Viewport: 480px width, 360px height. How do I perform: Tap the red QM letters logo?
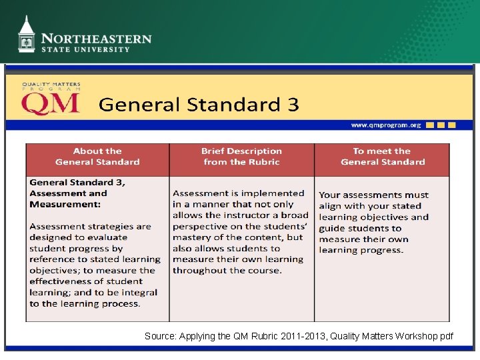tap(51, 104)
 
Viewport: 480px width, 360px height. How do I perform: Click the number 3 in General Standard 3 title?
tap(293, 105)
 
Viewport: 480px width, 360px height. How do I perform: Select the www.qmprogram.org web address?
tap(386, 125)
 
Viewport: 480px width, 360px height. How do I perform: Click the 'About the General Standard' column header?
tap(97, 157)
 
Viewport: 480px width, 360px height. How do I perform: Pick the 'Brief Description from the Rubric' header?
tap(241, 157)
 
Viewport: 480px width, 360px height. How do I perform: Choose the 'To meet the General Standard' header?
tap(382, 157)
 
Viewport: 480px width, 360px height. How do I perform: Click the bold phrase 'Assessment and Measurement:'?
tap(68, 199)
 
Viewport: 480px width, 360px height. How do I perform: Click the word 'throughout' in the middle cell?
tap(199, 270)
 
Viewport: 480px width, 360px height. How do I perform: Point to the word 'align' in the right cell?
tap(330, 206)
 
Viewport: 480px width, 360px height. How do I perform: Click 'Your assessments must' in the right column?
tap(373, 195)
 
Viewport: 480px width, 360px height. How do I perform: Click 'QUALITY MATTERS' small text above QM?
tap(51, 85)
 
